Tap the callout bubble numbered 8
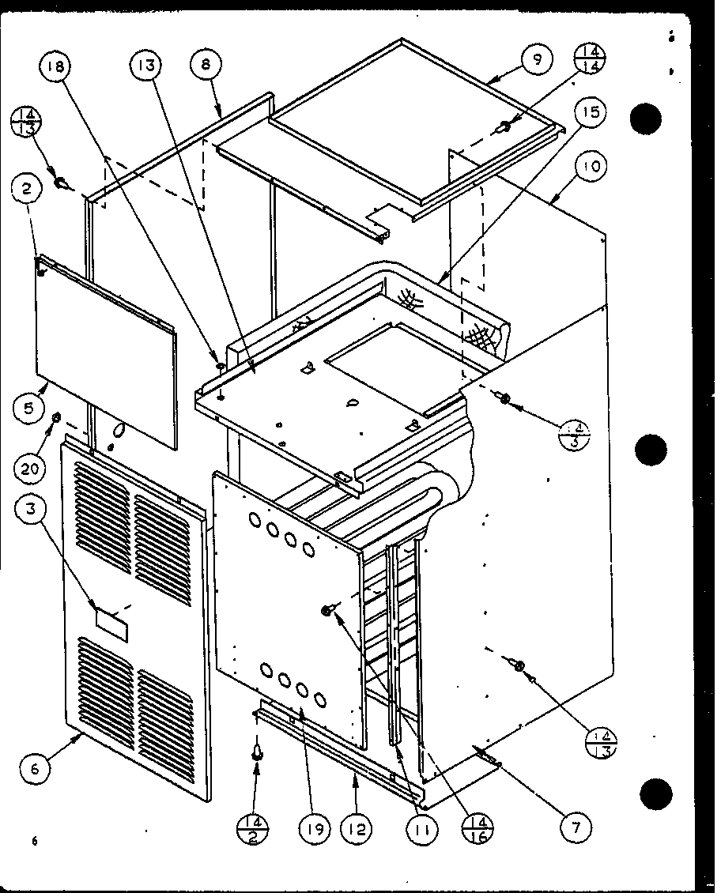coord(206,66)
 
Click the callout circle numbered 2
coord(27,189)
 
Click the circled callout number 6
coord(34,767)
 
